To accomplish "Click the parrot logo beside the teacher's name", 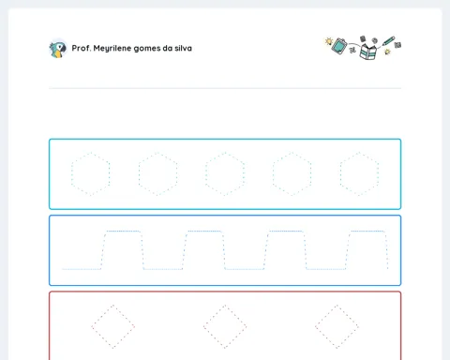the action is pos(58,49).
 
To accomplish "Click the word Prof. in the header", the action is pos(81,48).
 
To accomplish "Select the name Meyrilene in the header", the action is pos(112,49).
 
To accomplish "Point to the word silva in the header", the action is pos(184,48).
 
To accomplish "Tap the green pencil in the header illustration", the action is pos(388,41).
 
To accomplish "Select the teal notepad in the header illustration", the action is pos(339,46).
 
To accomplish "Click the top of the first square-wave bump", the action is pos(123,232).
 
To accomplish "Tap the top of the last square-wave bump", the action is pos(367,232).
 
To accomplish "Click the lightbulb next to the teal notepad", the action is pos(328,41).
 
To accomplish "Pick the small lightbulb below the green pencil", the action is pos(387,52).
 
